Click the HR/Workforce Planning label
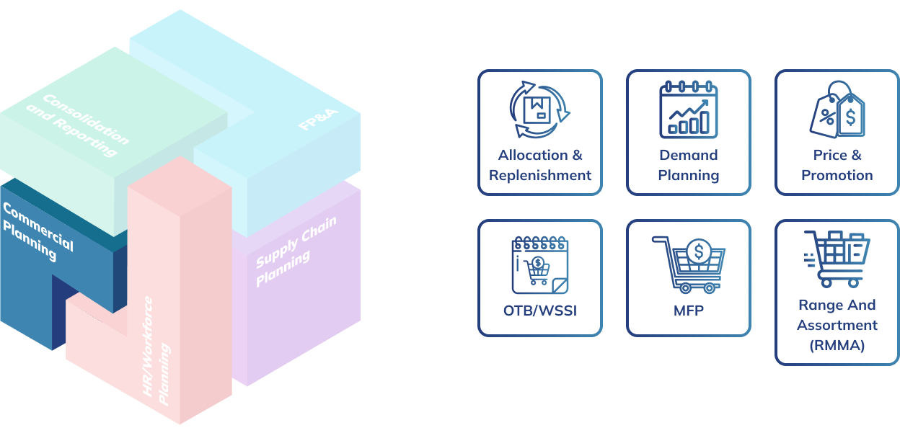click(156, 349)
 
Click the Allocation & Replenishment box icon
click(539, 110)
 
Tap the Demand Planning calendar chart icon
click(689, 110)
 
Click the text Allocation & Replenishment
click(539, 165)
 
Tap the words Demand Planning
click(689, 165)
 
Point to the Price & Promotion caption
click(837, 165)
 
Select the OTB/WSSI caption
click(539, 311)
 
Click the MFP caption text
click(689, 311)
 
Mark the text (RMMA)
click(837, 345)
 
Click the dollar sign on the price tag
click(851, 117)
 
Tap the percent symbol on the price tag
click(826, 118)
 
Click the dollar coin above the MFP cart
click(698, 251)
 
